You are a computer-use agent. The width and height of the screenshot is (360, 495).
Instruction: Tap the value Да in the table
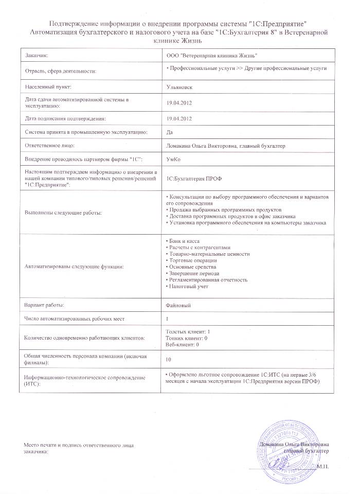click(x=170, y=132)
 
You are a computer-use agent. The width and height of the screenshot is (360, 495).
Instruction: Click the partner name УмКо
click(x=174, y=160)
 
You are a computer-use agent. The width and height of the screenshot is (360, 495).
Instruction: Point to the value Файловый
click(x=179, y=305)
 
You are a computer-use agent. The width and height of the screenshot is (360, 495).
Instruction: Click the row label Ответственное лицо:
click(x=51, y=146)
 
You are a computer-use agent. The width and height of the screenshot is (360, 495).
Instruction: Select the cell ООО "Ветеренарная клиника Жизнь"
click(x=212, y=55)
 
